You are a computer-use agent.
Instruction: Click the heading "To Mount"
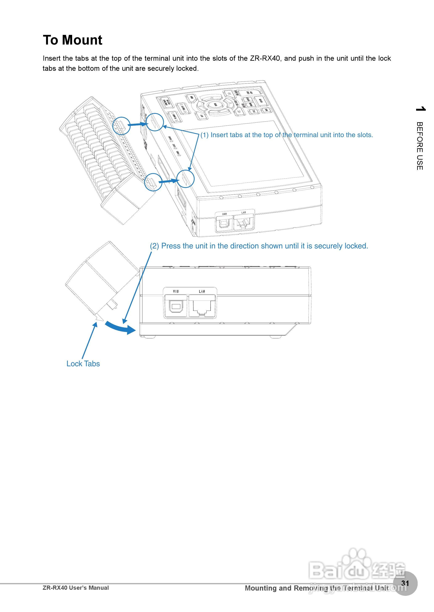pyautogui.click(x=72, y=40)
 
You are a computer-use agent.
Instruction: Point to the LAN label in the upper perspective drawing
pyautogui.click(x=243, y=212)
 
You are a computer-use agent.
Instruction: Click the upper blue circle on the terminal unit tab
pyautogui.click(x=121, y=125)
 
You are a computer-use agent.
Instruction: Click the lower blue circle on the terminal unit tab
pyautogui.click(x=153, y=182)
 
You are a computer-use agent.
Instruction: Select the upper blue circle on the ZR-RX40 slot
pyautogui.click(x=155, y=122)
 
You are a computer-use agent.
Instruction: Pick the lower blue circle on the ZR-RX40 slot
pyautogui.click(x=186, y=179)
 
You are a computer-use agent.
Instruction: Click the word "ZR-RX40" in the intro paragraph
pyautogui.click(x=265, y=58)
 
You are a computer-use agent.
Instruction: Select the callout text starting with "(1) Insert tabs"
pyautogui.click(x=287, y=135)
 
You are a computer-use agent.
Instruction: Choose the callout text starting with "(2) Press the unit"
pyautogui.click(x=259, y=246)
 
